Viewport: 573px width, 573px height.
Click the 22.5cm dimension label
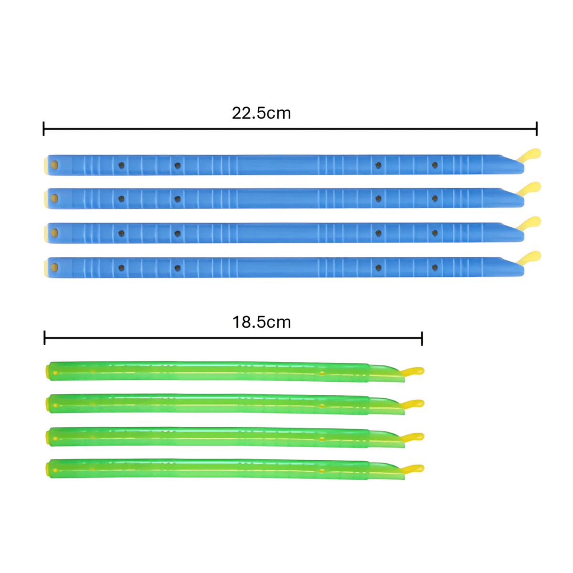click(261, 113)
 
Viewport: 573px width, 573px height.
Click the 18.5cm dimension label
click(261, 322)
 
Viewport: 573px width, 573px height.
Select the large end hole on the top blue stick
click(54, 165)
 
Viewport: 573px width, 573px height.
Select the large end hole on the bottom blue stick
click(54, 267)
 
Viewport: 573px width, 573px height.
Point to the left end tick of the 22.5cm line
click(44, 129)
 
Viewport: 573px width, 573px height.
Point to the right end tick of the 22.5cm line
click(536, 129)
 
